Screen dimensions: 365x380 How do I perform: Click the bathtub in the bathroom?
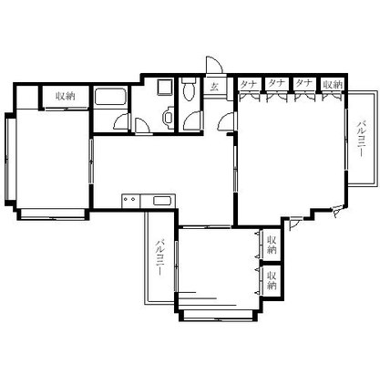pos(113,99)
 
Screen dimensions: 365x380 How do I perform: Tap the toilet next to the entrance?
pos(188,91)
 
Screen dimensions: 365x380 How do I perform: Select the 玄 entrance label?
pos(213,88)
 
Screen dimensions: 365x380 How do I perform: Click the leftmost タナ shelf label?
pos(248,84)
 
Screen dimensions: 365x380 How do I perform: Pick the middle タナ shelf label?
pos(275,84)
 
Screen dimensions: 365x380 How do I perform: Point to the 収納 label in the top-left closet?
pos(63,95)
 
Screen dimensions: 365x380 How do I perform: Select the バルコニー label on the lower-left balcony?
pos(159,258)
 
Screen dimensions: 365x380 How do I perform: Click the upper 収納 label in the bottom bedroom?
pos(272,241)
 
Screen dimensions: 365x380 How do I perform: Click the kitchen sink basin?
pos(161,201)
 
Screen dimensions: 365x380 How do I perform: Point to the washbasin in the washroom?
pos(167,116)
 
